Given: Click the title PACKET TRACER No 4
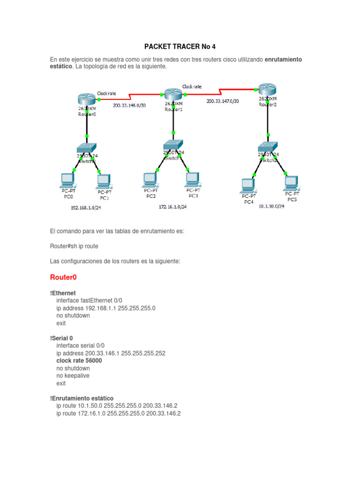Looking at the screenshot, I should pos(180,47).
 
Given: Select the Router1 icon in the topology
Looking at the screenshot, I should pos(173,94).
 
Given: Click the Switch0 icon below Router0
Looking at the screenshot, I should pos(87,147).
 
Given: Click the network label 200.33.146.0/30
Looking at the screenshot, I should pos(129,105).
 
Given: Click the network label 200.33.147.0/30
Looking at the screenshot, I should pos(222,101).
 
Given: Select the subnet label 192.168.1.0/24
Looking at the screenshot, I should pos(86,207).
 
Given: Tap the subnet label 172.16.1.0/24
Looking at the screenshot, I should pos(172,207).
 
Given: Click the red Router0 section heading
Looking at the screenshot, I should pos(63,277).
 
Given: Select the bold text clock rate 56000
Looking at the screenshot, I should pos(79,361).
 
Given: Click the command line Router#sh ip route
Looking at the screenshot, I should pos(74,246).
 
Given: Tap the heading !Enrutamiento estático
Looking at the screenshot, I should pos(82,398).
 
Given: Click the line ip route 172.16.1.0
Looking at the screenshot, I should pos(118,413).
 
